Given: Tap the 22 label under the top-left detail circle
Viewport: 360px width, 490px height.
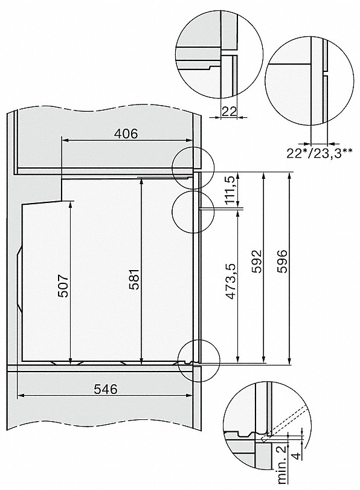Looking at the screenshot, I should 227,111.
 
